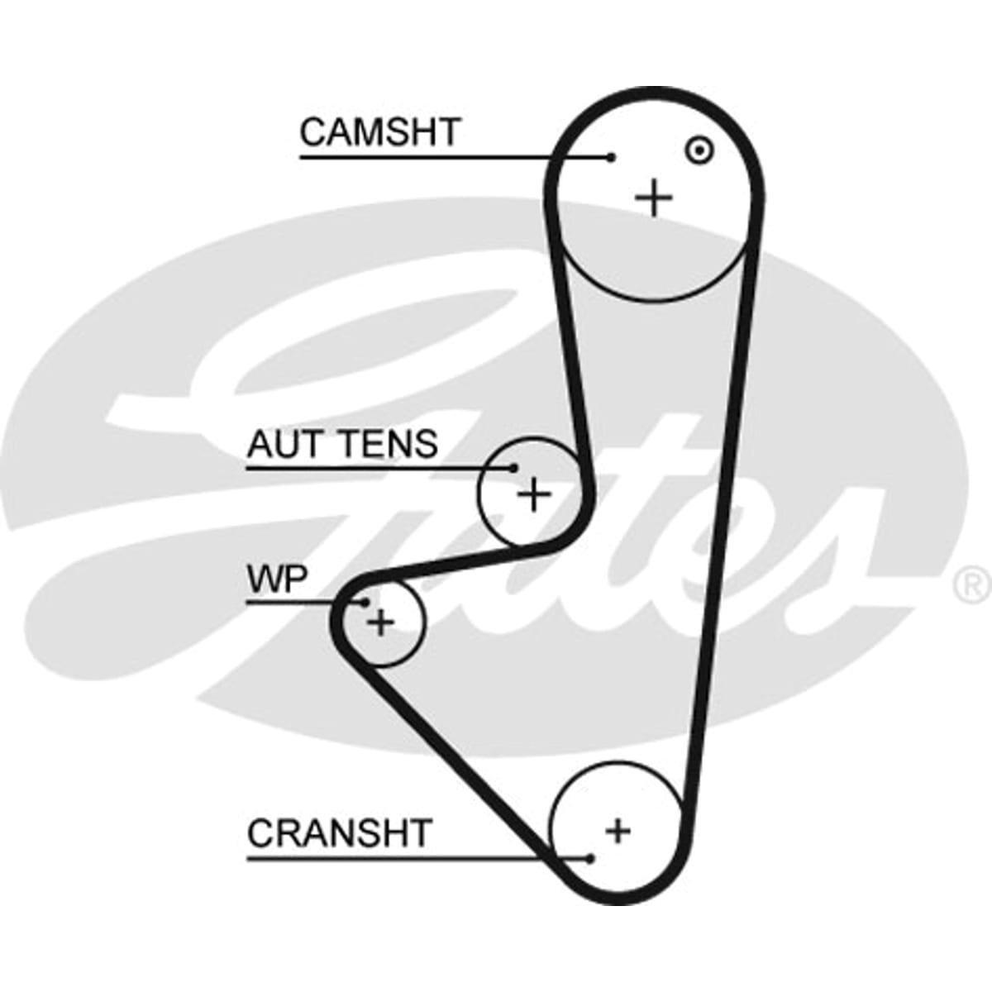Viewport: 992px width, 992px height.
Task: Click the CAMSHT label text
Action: click(x=379, y=132)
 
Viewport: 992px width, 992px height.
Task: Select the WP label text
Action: click(x=277, y=579)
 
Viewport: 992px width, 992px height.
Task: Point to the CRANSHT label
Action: click(x=339, y=833)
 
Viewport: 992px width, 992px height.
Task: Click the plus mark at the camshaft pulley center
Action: click(x=654, y=198)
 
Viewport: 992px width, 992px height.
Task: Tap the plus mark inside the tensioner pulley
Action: click(x=534, y=494)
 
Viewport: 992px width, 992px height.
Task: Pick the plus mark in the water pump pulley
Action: click(x=380, y=622)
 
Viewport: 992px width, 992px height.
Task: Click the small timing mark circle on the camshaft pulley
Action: click(x=699, y=150)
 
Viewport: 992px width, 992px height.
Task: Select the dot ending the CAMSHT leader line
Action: click(x=611, y=158)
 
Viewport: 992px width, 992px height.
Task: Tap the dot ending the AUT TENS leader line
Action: click(x=513, y=468)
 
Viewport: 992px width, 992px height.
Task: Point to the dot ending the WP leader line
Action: click(x=365, y=602)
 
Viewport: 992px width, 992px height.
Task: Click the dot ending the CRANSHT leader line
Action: click(x=590, y=859)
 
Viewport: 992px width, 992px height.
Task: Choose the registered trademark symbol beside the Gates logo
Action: click(x=973, y=586)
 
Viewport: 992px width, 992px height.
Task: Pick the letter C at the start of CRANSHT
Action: click(x=260, y=833)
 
